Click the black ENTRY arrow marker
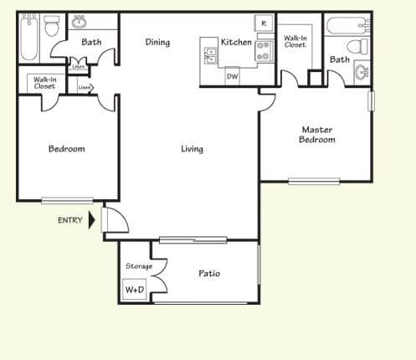click(x=92, y=221)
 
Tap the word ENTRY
click(x=69, y=221)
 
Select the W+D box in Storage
click(x=133, y=291)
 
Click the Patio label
click(x=209, y=273)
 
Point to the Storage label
click(x=138, y=266)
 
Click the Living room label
click(x=193, y=149)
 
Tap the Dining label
click(x=157, y=43)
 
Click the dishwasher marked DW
click(x=232, y=76)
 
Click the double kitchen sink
click(x=210, y=55)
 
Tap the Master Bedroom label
click(x=317, y=135)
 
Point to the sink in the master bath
click(x=363, y=72)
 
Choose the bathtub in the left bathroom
click(x=28, y=38)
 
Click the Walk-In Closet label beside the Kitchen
click(x=295, y=41)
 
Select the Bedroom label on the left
click(x=66, y=149)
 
